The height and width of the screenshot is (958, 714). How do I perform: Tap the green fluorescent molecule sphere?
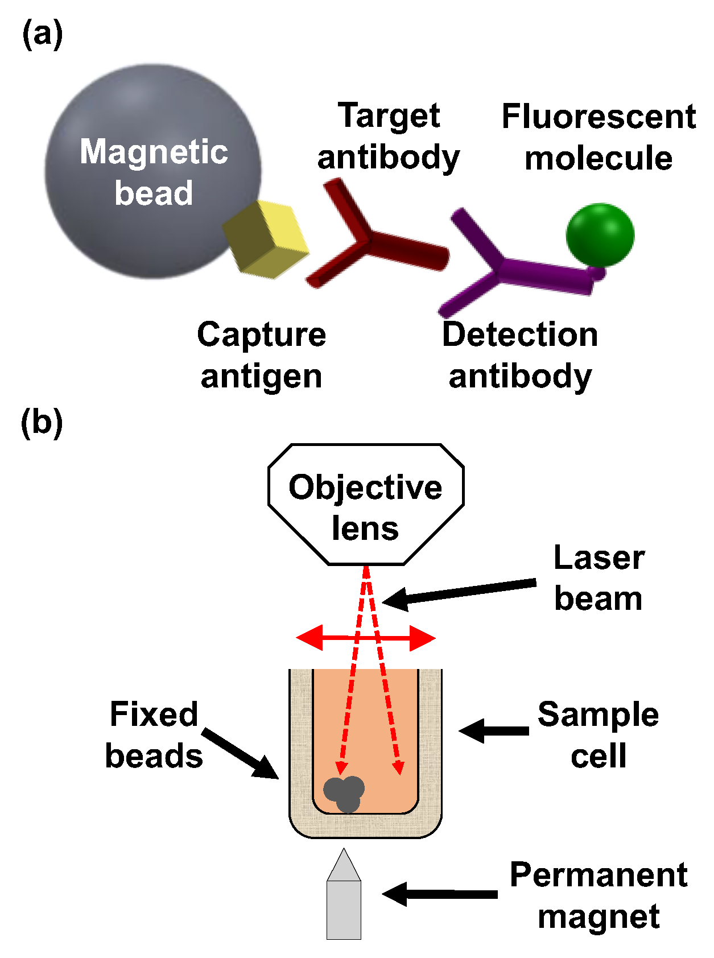coord(600,235)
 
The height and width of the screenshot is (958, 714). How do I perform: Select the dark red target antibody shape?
coord(370,239)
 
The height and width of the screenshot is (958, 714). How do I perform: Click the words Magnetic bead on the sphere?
coord(154,172)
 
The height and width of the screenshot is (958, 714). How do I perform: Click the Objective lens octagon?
coord(366,505)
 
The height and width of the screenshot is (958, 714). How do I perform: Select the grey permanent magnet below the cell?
coord(344,907)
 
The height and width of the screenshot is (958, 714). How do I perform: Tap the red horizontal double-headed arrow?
coord(366,638)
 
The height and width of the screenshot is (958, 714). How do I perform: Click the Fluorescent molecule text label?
coord(599,137)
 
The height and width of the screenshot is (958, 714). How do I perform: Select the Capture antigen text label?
coord(262,355)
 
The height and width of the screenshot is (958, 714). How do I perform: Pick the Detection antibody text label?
coord(520,355)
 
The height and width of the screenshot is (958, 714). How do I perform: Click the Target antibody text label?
coord(389,137)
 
